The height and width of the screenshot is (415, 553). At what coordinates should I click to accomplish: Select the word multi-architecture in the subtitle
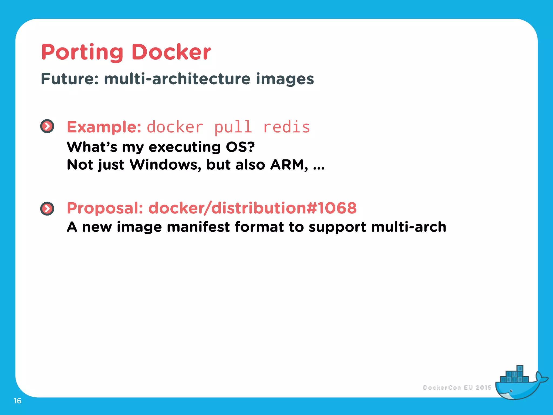pos(177,79)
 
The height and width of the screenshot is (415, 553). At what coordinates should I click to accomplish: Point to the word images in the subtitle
pos(285,79)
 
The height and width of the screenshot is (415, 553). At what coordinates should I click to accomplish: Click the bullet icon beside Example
pos(47,126)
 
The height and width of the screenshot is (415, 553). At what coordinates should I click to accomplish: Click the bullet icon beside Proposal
pos(47,209)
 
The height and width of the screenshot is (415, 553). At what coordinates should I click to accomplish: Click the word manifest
pos(198,227)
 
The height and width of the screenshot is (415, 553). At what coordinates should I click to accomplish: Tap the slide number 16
pos(18,401)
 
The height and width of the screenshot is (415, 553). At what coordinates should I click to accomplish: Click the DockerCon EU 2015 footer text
pos(457,388)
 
